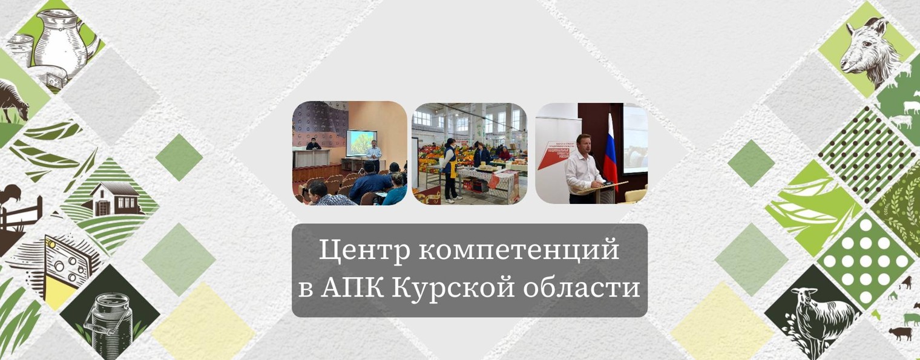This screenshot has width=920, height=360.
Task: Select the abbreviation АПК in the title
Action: pos(352,287)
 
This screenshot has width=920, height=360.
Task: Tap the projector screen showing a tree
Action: pos(361,143)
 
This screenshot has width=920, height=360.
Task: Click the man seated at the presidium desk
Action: pos(312,145)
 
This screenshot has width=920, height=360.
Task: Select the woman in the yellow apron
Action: pos(450,166)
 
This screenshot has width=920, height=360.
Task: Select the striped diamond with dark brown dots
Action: pos(866,151)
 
